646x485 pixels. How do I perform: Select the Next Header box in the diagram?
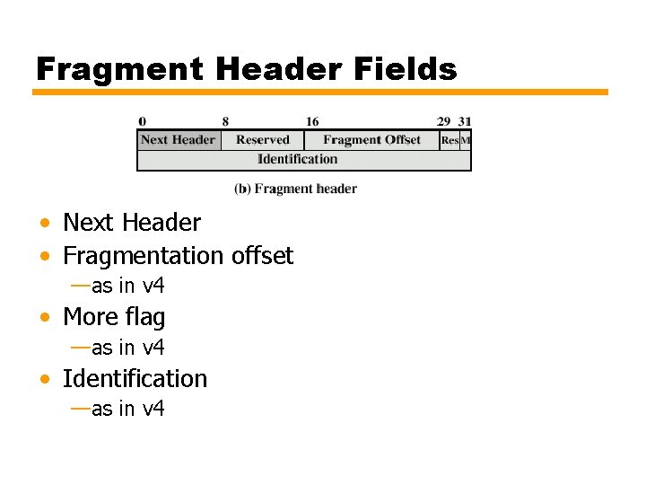point(178,140)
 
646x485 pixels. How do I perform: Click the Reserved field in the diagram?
point(262,140)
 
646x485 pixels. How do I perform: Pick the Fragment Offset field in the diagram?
point(371,140)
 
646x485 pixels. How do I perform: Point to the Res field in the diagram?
point(450,140)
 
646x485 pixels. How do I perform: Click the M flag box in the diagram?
point(466,140)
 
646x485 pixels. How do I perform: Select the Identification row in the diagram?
point(298,160)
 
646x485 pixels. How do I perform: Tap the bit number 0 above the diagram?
point(143,122)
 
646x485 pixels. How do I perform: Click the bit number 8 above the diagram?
point(225,122)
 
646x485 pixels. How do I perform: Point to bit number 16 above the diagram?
point(312,122)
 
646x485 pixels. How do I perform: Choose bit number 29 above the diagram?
point(443,122)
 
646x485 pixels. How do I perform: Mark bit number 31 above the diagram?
point(464,122)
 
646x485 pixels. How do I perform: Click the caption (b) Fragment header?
point(295,189)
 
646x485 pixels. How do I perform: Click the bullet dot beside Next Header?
point(44,223)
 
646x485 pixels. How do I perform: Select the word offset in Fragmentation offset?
point(262,256)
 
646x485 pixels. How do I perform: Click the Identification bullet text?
point(135,379)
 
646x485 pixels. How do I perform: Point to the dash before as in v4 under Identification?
point(80,409)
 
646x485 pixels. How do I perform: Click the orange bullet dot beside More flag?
point(44,318)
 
